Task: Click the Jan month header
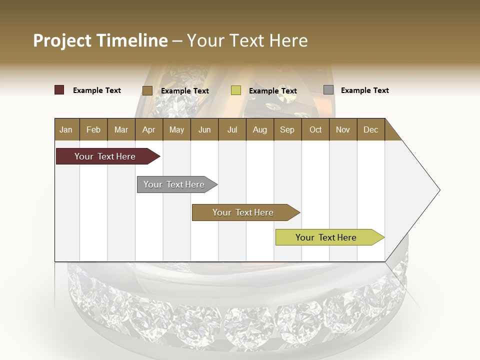pos(66,129)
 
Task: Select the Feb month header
pos(93,129)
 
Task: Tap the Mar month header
pos(121,129)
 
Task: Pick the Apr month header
pos(148,129)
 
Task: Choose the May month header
pos(176,129)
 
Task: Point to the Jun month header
pos(204,129)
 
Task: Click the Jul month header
pos(232,129)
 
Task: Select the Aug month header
pos(259,129)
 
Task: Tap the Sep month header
pos(287,129)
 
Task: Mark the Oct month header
pos(315,129)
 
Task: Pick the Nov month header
pos(343,129)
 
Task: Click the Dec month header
pos(370,129)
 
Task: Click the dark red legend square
pos(59,90)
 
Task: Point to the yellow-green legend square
pos(236,90)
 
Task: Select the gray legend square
pos(328,90)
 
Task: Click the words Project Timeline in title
pos(100,40)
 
